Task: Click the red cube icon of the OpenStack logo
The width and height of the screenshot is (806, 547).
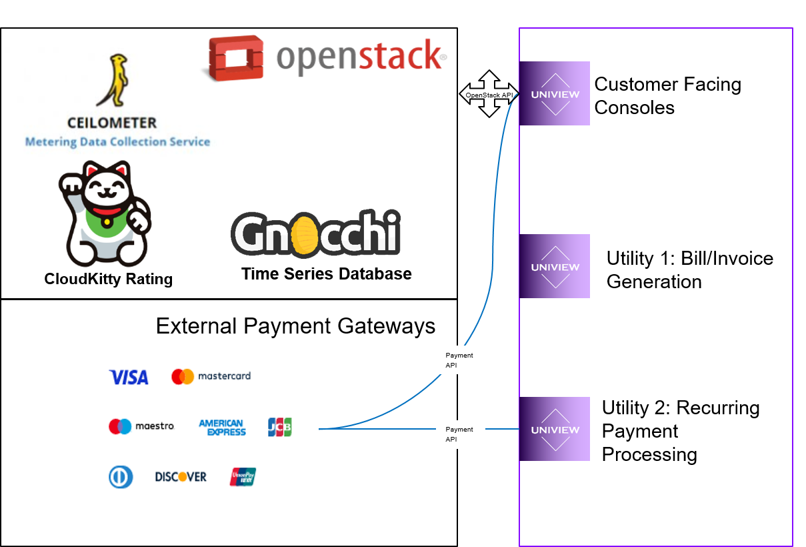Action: click(235, 58)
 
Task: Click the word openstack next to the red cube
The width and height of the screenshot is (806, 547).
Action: click(360, 57)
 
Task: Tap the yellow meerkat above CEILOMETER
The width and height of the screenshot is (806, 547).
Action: click(111, 81)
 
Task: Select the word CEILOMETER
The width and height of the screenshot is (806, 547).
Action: click(112, 123)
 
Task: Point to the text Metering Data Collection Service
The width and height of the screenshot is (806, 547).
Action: click(117, 141)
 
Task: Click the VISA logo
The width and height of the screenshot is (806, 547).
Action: click(129, 378)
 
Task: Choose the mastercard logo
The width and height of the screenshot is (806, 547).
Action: click(211, 376)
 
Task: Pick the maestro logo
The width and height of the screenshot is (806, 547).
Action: click(141, 426)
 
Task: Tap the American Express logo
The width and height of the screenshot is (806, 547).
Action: click(222, 428)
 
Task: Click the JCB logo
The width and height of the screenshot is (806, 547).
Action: click(279, 427)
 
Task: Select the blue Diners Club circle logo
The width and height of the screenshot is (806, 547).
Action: click(121, 476)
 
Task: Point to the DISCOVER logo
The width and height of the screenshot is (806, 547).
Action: click(181, 477)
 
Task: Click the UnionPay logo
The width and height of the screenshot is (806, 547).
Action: click(243, 476)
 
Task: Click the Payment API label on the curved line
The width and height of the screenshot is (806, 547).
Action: click(460, 360)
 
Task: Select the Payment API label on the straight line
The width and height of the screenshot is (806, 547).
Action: click(460, 434)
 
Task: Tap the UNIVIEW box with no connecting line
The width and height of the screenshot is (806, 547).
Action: click(555, 266)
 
